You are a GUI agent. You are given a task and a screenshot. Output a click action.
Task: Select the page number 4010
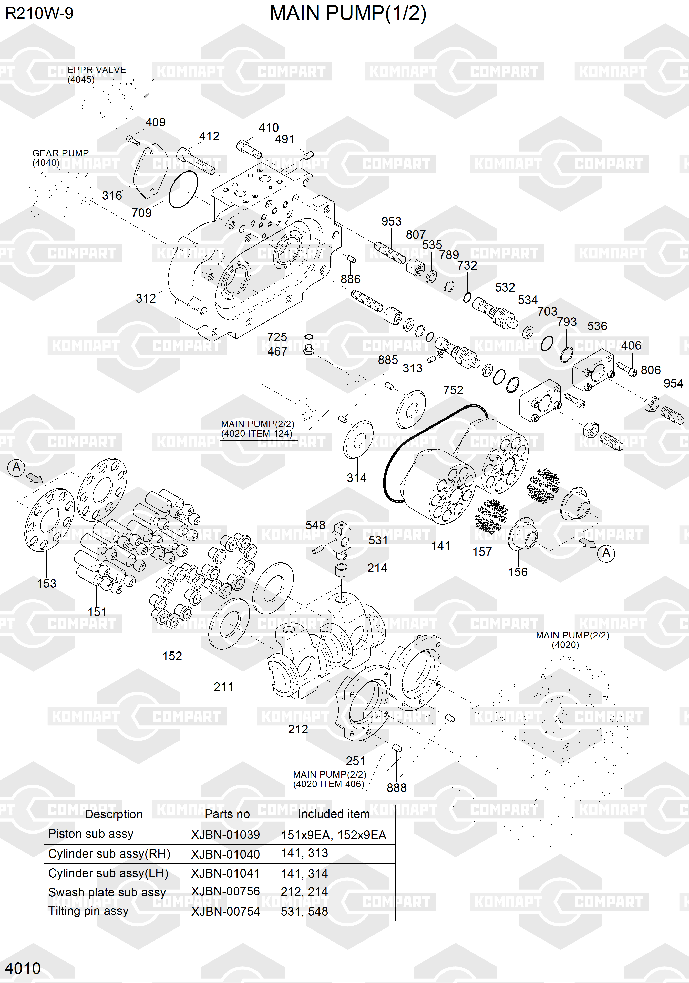click(x=23, y=968)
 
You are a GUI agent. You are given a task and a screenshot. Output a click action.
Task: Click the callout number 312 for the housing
click(x=146, y=298)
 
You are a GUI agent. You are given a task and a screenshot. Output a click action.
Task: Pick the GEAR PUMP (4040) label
click(x=60, y=157)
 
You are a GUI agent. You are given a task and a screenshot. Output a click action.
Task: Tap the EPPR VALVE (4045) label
click(x=96, y=74)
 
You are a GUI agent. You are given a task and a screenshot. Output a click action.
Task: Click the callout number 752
click(x=453, y=390)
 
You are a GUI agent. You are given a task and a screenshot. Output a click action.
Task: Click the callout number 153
click(x=46, y=584)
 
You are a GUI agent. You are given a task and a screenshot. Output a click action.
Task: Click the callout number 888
click(x=396, y=788)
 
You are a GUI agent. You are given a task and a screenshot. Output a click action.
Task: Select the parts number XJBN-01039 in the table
click(x=225, y=835)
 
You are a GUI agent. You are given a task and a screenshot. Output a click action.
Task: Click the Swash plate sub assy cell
click(x=107, y=892)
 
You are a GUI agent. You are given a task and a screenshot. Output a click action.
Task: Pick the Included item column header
click(x=333, y=814)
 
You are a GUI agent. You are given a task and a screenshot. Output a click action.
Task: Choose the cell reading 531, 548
click(x=304, y=912)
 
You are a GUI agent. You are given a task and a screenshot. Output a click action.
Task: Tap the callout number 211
click(x=223, y=687)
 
